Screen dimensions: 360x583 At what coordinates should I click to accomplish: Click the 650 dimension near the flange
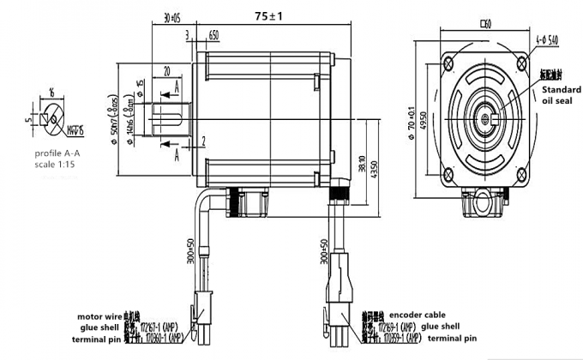click(213, 37)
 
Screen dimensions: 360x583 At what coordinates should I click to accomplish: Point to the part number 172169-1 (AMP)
click(398, 327)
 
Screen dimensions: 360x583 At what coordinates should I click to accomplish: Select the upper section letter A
click(176, 88)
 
